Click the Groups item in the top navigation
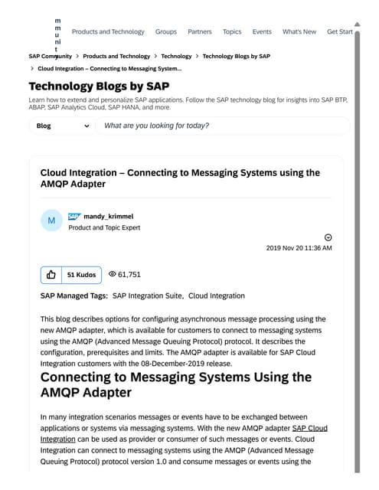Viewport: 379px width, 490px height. (166, 32)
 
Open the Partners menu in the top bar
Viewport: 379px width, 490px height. (200, 32)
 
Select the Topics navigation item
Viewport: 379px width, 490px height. (232, 32)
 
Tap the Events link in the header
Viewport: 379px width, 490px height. (262, 32)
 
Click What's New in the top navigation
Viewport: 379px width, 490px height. (299, 32)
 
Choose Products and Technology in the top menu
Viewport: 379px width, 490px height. (108, 32)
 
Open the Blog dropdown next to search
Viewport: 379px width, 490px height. (60, 126)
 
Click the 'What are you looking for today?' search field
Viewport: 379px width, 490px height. (222, 126)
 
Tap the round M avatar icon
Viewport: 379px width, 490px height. (51, 221)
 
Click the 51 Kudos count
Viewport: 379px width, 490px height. (81, 274)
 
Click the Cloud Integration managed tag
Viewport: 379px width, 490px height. (217, 296)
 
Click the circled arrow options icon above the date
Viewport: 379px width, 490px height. (328, 237)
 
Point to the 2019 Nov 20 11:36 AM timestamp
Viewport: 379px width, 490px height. (299, 248)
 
